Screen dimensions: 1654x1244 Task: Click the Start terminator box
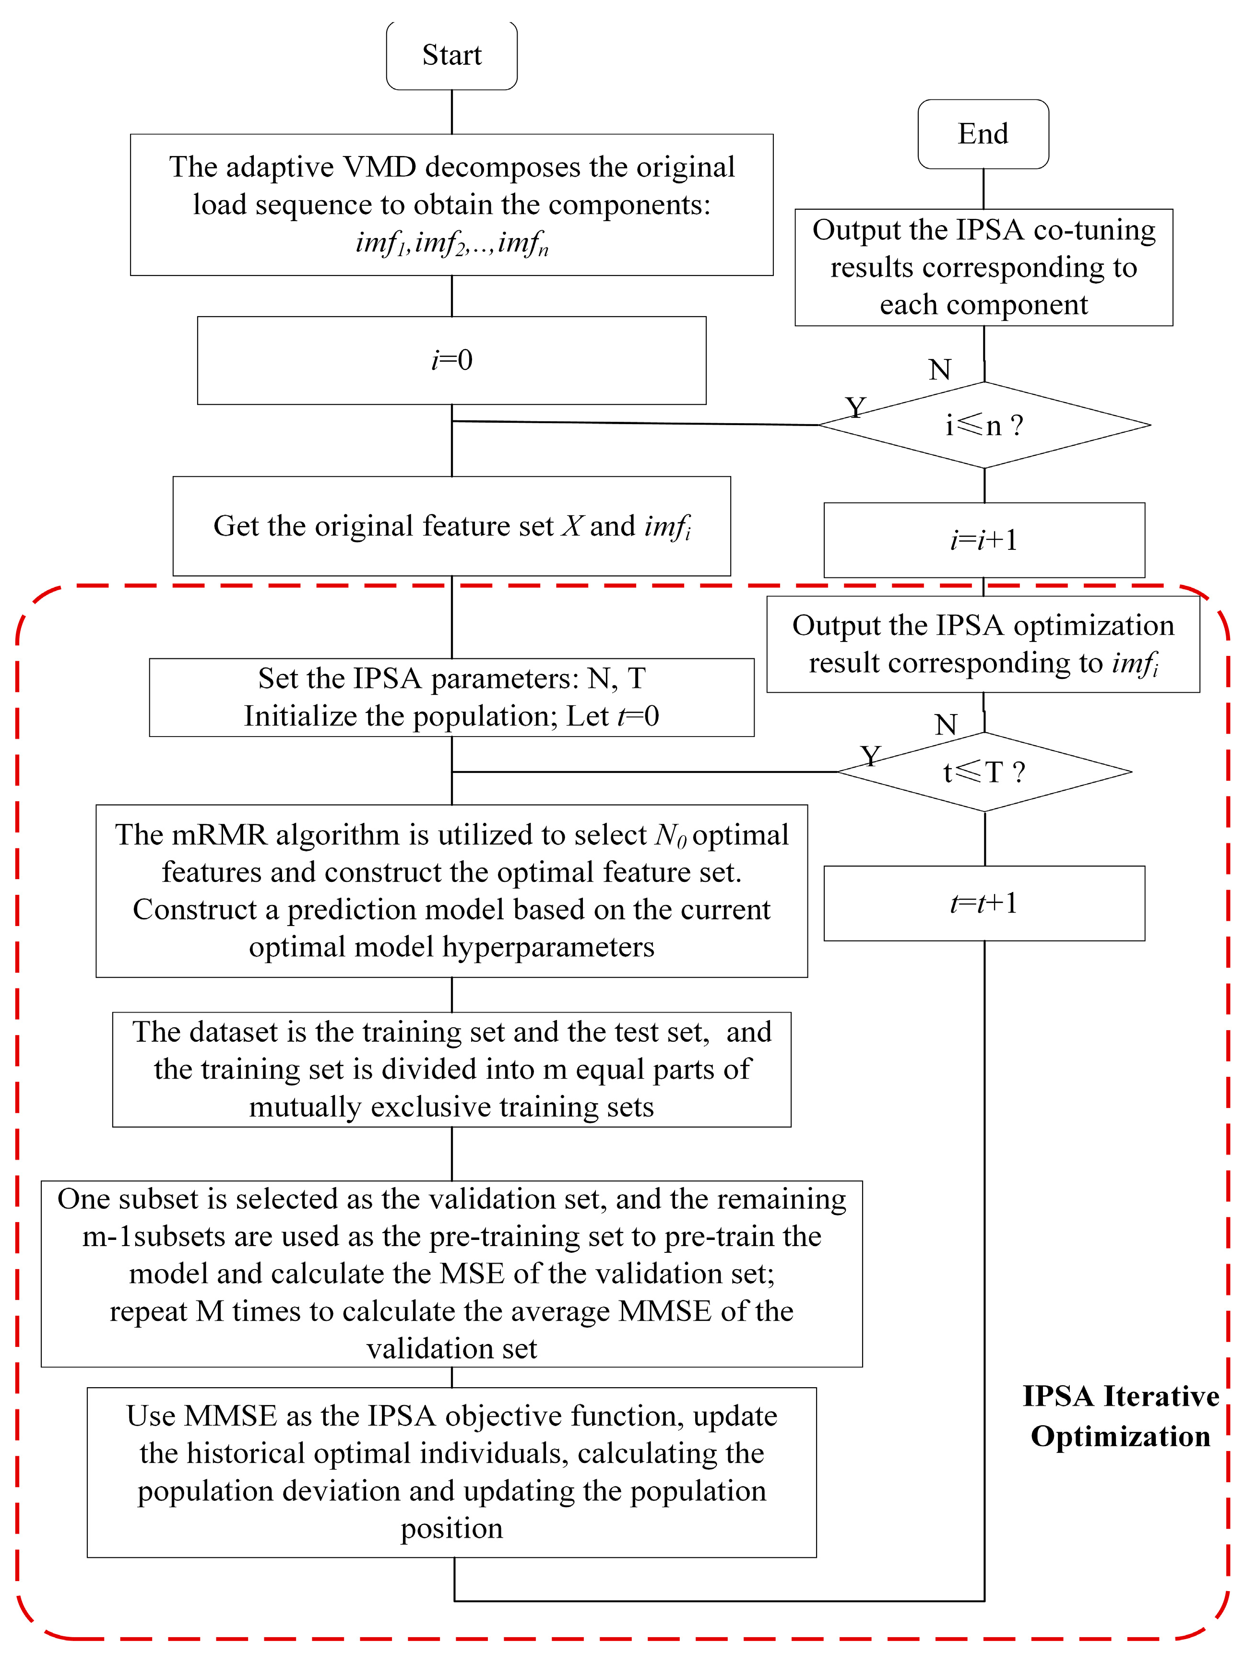[x=451, y=55]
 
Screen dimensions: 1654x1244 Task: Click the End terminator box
[x=983, y=134]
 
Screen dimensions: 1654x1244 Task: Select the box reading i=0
[x=451, y=360]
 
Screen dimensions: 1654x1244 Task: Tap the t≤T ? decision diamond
[x=984, y=772]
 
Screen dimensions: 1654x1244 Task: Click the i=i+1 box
[x=984, y=540]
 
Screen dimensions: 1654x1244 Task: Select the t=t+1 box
[x=984, y=903]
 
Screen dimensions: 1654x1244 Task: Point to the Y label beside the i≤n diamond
[x=855, y=407]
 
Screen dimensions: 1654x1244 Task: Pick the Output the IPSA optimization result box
[x=983, y=644]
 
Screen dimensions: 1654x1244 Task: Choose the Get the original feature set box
[x=451, y=525]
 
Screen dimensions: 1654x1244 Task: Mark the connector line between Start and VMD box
[x=451, y=112]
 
